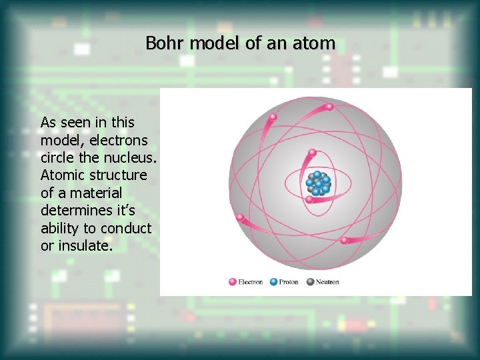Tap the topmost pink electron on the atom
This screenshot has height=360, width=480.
coord(272,117)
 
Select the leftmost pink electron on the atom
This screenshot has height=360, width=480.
coord(240,217)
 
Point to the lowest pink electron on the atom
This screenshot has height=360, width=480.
coord(344,240)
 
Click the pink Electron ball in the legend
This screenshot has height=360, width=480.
coord(233,282)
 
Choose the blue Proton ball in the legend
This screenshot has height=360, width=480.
coord(273,282)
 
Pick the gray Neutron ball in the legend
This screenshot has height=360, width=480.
coord(310,282)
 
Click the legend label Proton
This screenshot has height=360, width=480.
coord(289,282)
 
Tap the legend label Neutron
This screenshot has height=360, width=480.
coord(327,282)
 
